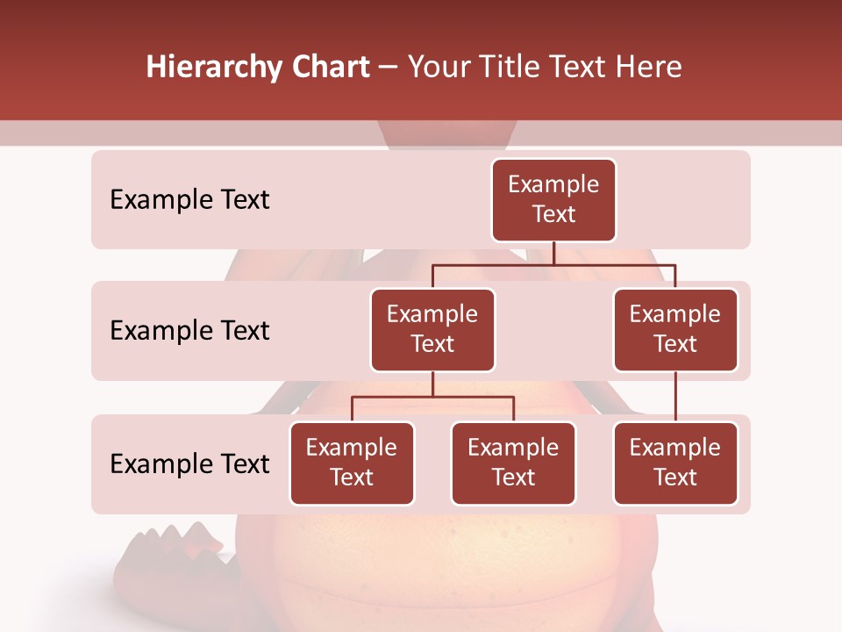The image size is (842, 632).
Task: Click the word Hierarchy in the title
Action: coord(201,68)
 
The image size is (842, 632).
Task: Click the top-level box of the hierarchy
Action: coord(553,200)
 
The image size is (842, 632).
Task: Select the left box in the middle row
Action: coord(432,329)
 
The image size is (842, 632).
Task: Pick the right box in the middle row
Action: coord(675,329)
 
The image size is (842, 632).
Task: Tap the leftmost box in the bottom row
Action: coord(352,463)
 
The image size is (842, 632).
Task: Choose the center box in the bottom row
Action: coord(513,463)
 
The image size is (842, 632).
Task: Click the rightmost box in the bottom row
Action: coord(675,463)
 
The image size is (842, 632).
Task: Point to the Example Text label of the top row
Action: coord(189,200)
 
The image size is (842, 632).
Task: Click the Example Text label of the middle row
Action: coord(189,331)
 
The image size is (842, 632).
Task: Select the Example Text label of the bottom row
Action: coord(189,464)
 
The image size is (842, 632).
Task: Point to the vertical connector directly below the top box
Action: coord(553,253)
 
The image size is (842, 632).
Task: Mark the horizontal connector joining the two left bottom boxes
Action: coord(432,397)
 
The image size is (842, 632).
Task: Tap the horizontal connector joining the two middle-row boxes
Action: coord(553,264)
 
